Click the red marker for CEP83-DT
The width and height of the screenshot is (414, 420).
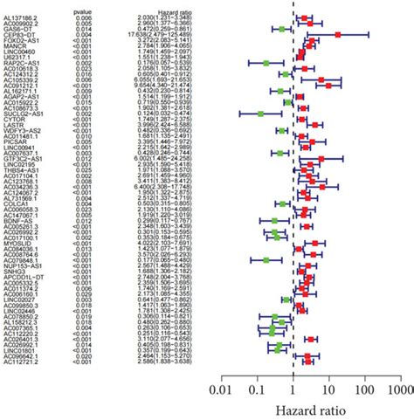click(x=337, y=35)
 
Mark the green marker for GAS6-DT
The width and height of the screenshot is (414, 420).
click(x=281, y=29)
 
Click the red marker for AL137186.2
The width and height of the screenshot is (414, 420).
click(x=304, y=17)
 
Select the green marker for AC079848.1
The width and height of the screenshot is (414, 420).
click(x=266, y=258)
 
